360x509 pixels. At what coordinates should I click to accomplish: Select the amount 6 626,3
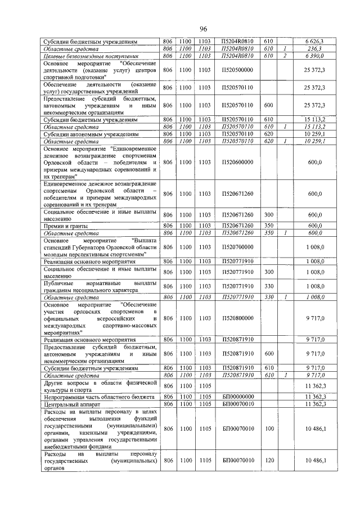pos(315,42)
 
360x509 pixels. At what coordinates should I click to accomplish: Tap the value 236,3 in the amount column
pos(317,49)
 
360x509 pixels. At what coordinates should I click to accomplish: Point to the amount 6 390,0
pos(315,56)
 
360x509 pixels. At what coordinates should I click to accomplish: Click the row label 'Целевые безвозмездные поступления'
pos(91,56)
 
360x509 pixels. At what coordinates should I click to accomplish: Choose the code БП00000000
pos(238,397)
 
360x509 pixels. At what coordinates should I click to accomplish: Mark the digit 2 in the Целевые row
pos(285,56)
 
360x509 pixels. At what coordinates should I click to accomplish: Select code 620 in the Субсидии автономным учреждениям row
pos(268,135)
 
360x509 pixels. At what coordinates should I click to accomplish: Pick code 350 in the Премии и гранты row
pos(268,226)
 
